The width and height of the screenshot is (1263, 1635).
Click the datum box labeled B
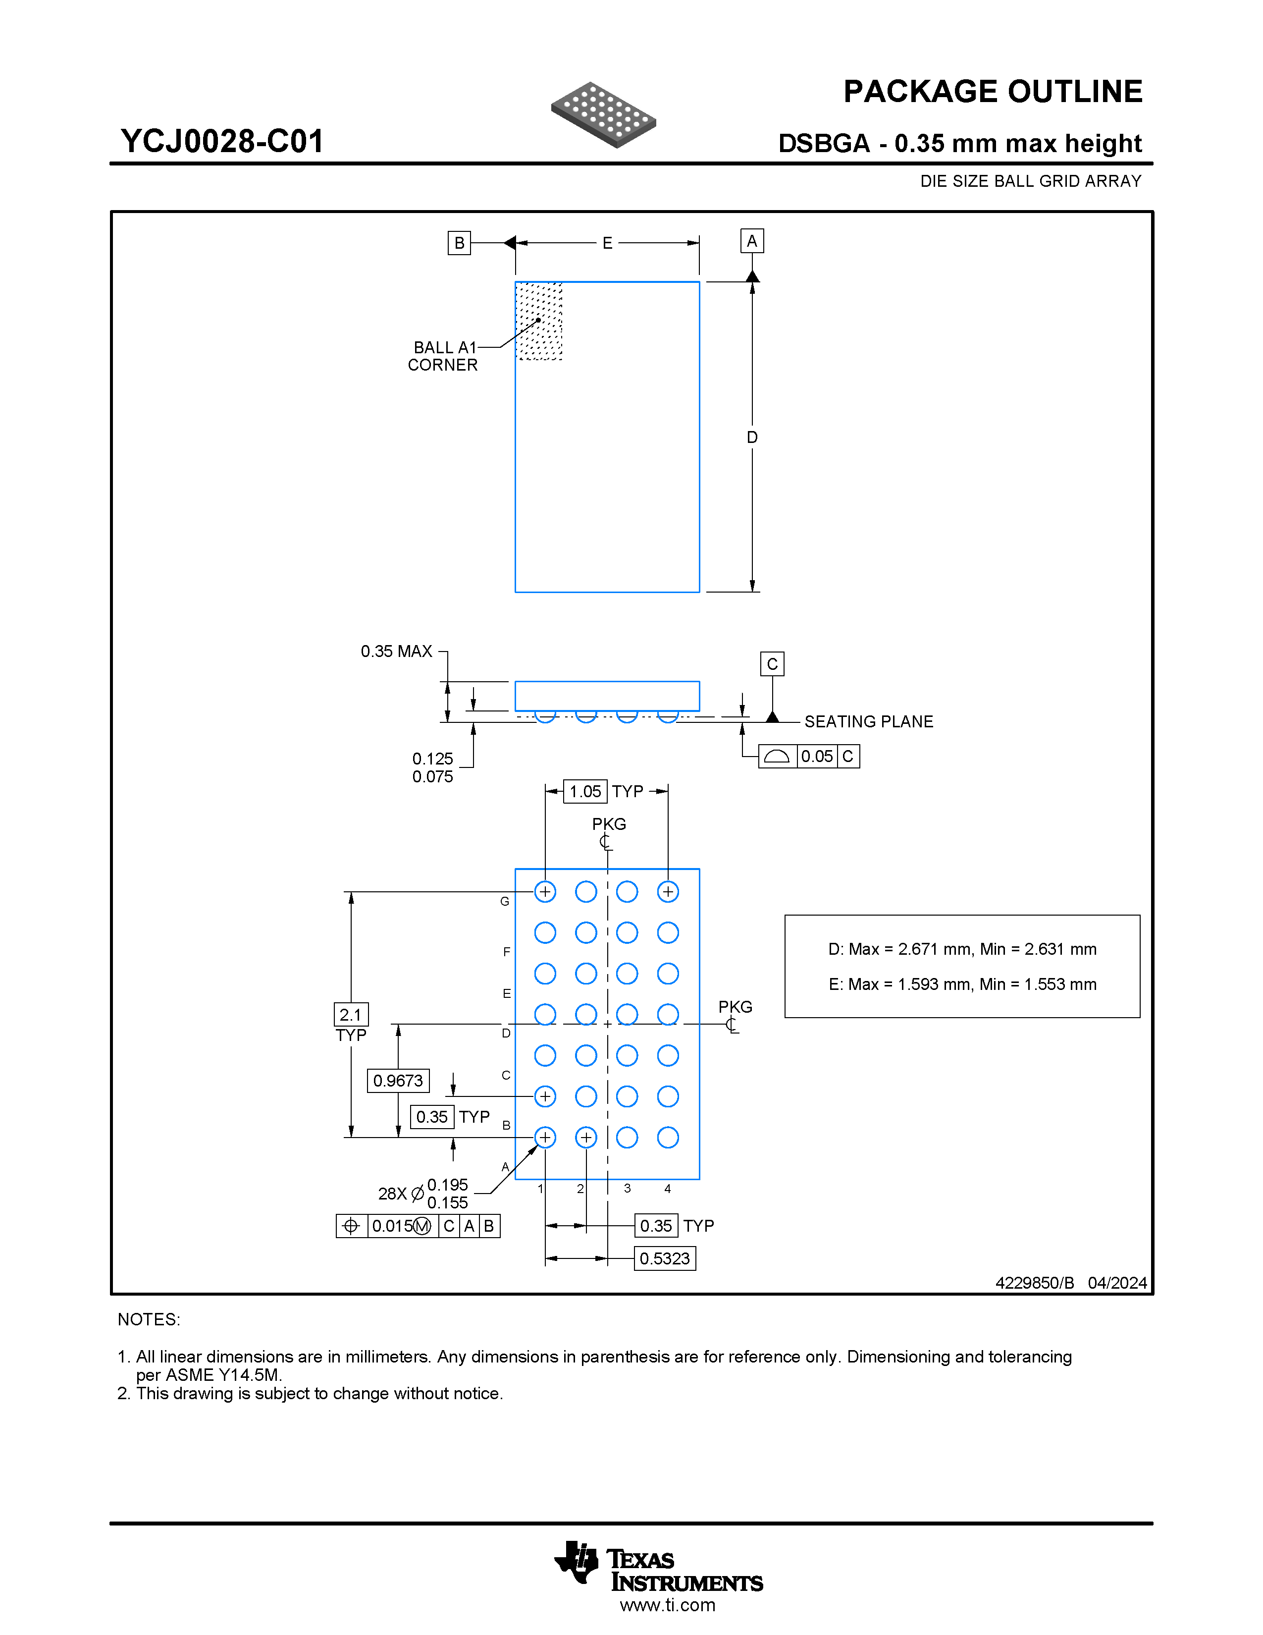click(x=459, y=243)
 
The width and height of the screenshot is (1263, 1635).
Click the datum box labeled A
click(x=752, y=241)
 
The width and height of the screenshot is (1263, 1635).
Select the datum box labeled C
click(x=772, y=664)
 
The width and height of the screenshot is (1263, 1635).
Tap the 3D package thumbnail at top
click(x=603, y=114)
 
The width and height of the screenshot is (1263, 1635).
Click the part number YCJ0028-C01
click(x=222, y=142)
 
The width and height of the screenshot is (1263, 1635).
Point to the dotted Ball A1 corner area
click(x=539, y=321)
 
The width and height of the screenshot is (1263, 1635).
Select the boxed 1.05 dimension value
click(x=585, y=791)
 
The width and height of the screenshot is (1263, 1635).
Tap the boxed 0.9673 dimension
click(x=398, y=1080)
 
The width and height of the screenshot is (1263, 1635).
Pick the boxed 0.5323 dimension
click(x=664, y=1258)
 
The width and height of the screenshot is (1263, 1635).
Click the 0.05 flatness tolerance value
click(x=816, y=756)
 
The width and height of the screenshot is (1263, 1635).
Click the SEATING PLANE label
click(x=869, y=722)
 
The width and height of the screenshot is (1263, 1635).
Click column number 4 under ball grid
click(x=668, y=1188)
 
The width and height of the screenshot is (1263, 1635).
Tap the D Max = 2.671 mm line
click(x=961, y=949)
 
